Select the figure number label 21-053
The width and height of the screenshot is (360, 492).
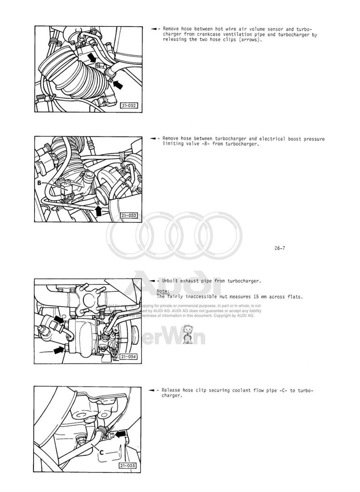128,216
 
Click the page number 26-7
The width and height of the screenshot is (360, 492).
280,248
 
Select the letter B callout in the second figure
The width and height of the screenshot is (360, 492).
39,183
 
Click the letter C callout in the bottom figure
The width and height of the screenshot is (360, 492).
101,452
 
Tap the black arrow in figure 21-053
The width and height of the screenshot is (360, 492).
98,209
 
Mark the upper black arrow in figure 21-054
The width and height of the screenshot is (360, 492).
58,320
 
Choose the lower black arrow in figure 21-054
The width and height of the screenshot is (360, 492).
58,349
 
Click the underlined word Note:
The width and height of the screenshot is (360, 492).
163,291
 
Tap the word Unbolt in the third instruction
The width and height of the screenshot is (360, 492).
170,281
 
